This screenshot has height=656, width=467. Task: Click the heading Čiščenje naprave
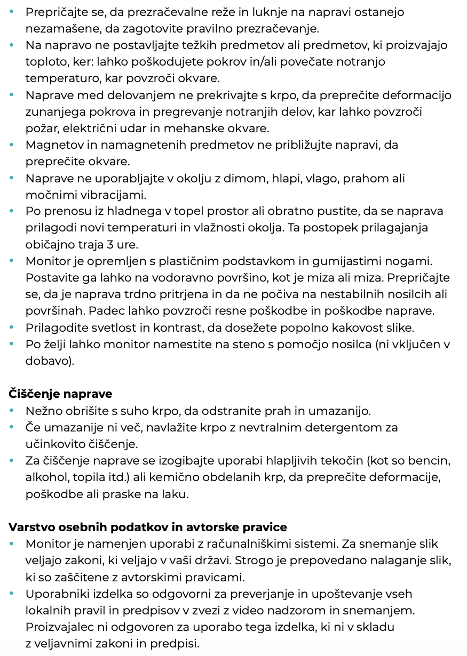60,394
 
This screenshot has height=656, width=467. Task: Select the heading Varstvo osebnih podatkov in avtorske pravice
148,527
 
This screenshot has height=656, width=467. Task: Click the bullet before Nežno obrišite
12,411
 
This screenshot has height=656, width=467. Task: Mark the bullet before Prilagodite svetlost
12,327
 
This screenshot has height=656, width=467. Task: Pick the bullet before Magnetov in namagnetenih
12,145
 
